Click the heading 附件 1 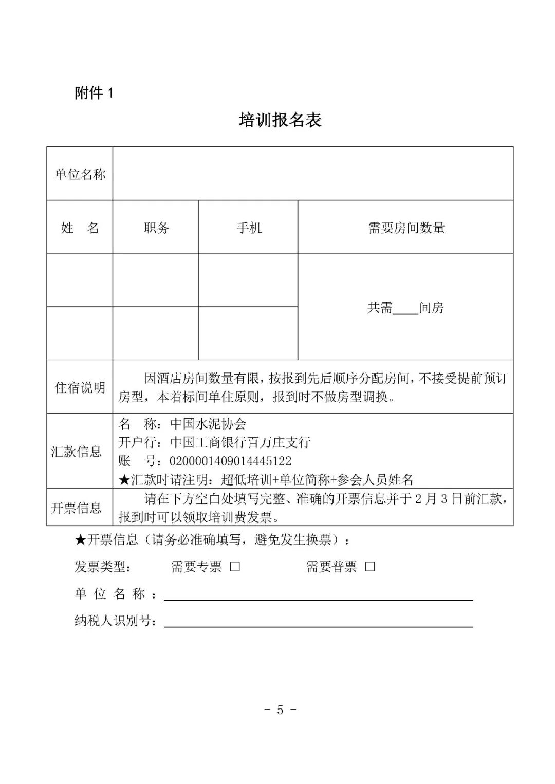[94, 93]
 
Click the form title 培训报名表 [280, 120]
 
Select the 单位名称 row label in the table [80, 174]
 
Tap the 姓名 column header [80, 228]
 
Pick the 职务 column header [156, 228]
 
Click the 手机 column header [249, 228]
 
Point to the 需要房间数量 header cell [406, 228]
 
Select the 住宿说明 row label [80, 387]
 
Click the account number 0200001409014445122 [230, 461]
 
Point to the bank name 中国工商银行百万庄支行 [240, 442]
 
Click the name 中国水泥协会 [208, 424]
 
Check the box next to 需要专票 [235, 567]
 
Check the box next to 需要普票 [369, 567]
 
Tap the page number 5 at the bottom [280, 710]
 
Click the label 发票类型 [103, 567]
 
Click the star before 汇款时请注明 [124, 480]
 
